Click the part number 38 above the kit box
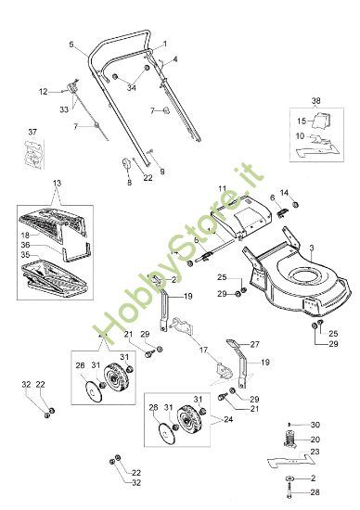pyautogui.click(x=315, y=100)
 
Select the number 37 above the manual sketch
pyautogui.click(x=32, y=132)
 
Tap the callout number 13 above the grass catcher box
pyautogui.click(x=57, y=183)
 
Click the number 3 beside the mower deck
pyautogui.click(x=312, y=249)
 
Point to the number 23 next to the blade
pyautogui.click(x=315, y=452)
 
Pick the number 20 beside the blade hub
pyautogui.click(x=315, y=440)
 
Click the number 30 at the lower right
pyautogui.click(x=315, y=425)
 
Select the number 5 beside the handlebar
pyautogui.click(x=71, y=45)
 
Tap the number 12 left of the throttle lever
pyautogui.click(x=44, y=92)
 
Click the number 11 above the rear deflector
pyautogui.click(x=223, y=188)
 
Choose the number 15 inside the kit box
pyautogui.click(x=302, y=121)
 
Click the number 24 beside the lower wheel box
pyautogui.click(x=228, y=419)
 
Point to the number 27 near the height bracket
pyautogui.click(x=254, y=344)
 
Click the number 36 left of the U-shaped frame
pyautogui.click(x=25, y=245)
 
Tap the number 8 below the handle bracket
pyautogui.click(x=130, y=183)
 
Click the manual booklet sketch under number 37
pyautogui.click(x=33, y=154)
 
